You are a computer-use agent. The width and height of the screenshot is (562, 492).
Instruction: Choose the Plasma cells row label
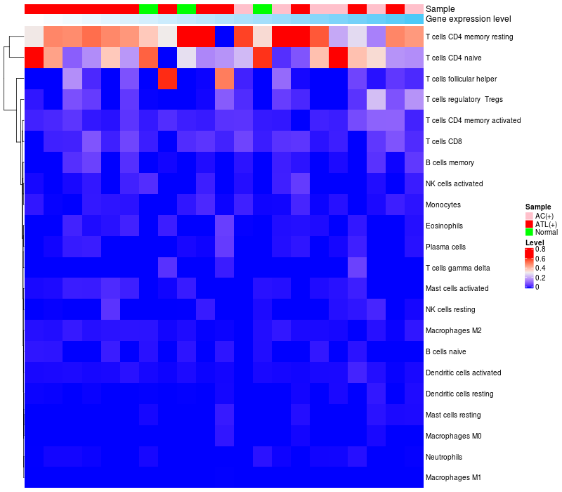(445, 247)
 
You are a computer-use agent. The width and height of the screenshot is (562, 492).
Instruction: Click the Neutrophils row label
(444, 457)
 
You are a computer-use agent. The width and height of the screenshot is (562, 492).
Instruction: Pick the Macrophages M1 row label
(453, 478)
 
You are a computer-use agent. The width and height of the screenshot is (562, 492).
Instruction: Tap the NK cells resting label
(450, 309)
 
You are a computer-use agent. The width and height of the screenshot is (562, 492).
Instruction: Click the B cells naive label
(445, 351)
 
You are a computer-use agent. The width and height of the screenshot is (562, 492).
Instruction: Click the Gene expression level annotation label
(469, 19)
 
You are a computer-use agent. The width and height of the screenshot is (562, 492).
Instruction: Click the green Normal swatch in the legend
(530, 232)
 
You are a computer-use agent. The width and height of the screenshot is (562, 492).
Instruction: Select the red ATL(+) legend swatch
(530, 224)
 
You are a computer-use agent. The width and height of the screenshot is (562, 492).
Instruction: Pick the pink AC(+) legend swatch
(530, 215)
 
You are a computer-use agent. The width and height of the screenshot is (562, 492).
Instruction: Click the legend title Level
(535, 242)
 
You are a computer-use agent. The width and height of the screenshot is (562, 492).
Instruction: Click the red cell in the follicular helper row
(167, 79)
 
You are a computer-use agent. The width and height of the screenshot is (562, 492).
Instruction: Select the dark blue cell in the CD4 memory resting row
(224, 37)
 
